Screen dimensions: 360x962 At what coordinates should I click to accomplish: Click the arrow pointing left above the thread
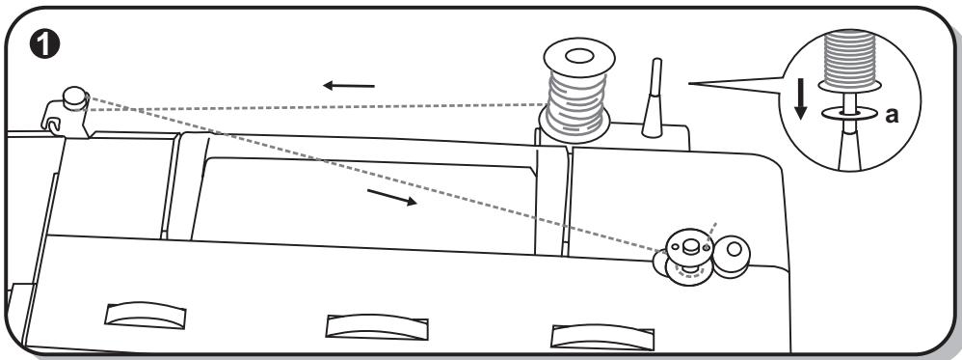(x=348, y=87)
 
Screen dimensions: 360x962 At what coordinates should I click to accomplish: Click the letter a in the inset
(x=892, y=115)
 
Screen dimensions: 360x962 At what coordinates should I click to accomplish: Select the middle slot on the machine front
(x=363, y=324)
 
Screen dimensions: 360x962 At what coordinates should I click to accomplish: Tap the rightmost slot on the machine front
(x=588, y=334)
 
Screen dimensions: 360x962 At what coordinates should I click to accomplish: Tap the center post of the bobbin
(x=689, y=246)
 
